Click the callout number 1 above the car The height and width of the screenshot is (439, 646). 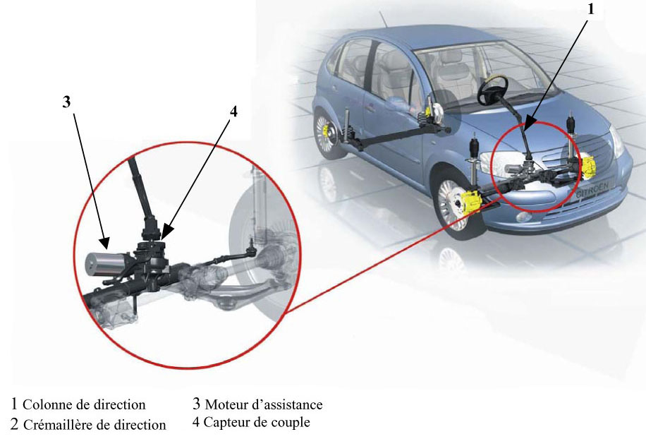pyautogui.click(x=591, y=8)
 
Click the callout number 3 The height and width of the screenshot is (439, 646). pyautogui.click(x=66, y=102)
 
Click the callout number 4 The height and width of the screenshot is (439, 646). pyautogui.click(x=233, y=111)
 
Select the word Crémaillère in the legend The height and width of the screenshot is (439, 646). pyautogui.click(x=62, y=425)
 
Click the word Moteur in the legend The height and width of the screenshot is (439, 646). pyautogui.click(x=225, y=404)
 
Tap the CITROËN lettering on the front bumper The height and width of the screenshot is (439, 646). pyautogui.click(x=592, y=191)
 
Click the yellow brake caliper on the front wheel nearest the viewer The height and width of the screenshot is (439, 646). pyautogui.click(x=471, y=202)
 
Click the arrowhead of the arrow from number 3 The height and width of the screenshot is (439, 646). pyautogui.click(x=105, y=243)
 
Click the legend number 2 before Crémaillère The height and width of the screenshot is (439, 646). pyautogui.click(x=14, y=424)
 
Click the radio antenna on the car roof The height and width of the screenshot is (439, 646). pyautogui.click(x=384, y=19)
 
